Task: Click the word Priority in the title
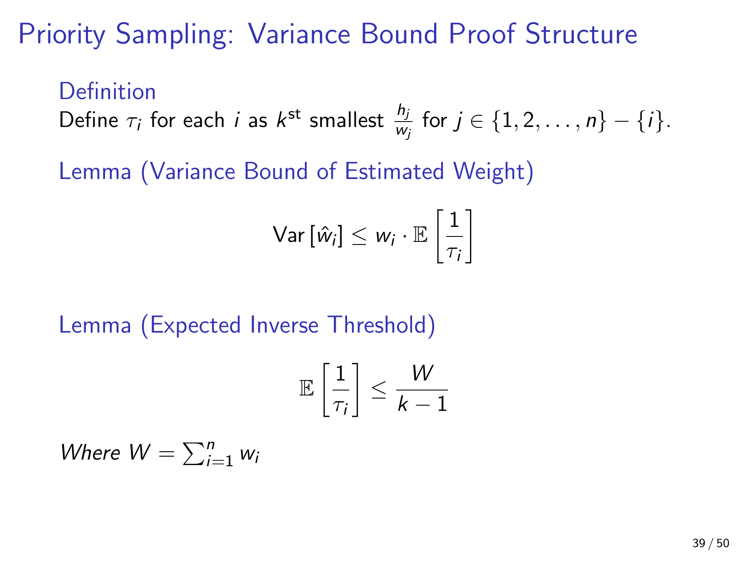(x=62, y=35)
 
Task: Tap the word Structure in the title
(x=581, y=34)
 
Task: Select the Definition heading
(x=107, y=92)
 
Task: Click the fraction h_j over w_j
(x=403, y=122)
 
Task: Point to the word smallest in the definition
(x=346, y=120)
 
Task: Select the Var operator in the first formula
(x=288, y=235)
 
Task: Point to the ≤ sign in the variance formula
(x=359, y=236)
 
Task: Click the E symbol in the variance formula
(x=420, y=236)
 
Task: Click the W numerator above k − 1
(x=422, y=373)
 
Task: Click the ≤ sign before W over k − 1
(x=378, y=390)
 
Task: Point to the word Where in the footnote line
(x=90, y=453)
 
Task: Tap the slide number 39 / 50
(x=711, y=543)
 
